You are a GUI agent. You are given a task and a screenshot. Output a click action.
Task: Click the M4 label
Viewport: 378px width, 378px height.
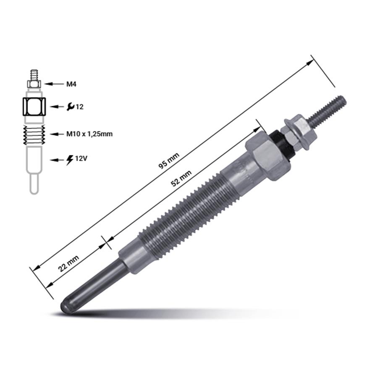click(71, 84)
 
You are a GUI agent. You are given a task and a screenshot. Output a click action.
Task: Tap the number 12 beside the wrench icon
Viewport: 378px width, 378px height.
click(79, 107)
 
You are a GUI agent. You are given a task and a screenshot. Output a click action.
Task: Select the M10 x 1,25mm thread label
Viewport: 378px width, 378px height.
click(89, 134)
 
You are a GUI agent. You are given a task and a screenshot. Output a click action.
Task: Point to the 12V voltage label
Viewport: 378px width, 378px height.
click(81, 158)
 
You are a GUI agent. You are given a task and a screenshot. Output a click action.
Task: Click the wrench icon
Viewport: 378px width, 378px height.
click(71, 107)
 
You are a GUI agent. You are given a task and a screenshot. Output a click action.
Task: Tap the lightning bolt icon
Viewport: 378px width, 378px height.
click(70, 160)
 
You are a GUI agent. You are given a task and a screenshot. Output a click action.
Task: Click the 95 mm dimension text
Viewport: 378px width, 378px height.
click(169, 161)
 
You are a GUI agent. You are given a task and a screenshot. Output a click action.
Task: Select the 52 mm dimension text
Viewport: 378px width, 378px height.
click(181, 178)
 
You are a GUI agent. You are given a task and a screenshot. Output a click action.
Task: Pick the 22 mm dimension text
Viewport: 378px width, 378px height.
click(68, 263)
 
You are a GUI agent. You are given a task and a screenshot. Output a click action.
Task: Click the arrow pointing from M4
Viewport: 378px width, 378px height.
click(53, 84)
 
